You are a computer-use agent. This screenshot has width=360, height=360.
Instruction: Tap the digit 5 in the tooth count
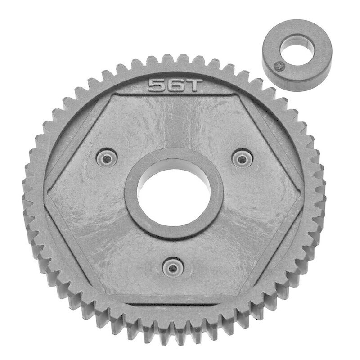tap(157, 85)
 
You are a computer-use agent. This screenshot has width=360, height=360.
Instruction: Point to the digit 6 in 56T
tap(175, 85)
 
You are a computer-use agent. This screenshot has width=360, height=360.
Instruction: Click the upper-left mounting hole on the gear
tap(107, 158)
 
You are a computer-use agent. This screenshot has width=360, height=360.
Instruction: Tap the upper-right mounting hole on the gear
tap(242, 158)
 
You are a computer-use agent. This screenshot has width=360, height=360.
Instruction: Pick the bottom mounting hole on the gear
tap(173, 267)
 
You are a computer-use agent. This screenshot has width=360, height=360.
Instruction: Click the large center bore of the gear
tap(174, 193)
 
